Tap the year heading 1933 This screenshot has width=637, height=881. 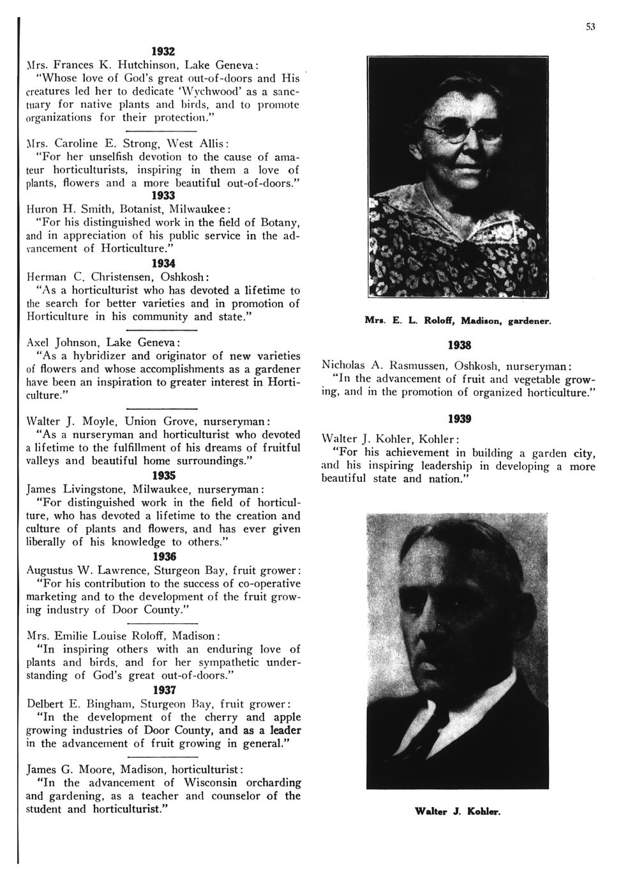point(163,197)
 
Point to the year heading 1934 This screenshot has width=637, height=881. point(163,263)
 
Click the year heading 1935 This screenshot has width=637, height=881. point(163,476)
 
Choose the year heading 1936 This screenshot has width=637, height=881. point(163,556)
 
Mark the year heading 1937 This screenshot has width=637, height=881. point(163,690)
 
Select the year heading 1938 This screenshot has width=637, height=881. point(459,345)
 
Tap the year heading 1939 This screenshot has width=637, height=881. point(459,419)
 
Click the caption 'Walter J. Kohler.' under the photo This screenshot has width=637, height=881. point(458,812)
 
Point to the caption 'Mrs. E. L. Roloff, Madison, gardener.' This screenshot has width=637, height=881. point(458,319)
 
